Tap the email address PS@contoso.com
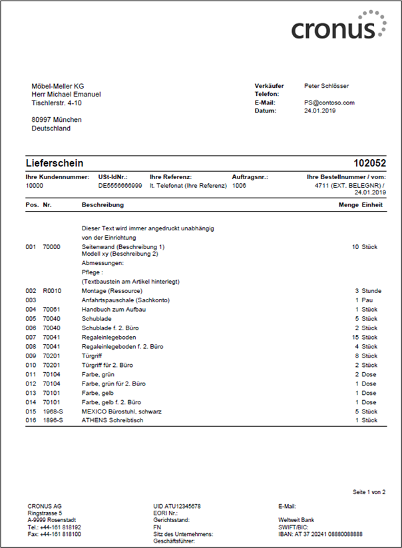coord(329,103)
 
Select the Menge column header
coord(349,205)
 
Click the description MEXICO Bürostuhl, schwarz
coord(121,411)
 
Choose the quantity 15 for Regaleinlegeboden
coord(354,338)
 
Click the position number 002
coord(31,291)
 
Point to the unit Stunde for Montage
coord(371,291)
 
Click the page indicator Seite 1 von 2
coord(369,491)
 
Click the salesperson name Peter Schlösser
coord(326,86)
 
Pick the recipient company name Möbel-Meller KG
coord(57,86)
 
